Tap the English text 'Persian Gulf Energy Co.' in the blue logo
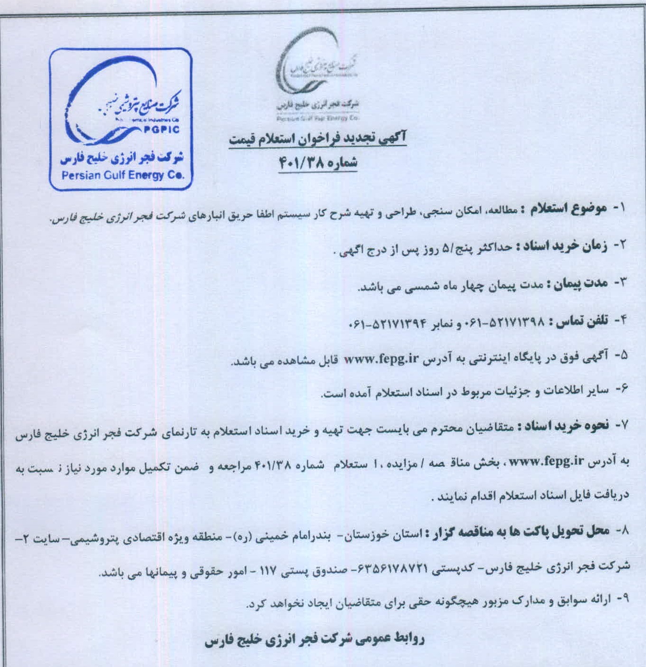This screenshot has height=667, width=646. click(122, 175)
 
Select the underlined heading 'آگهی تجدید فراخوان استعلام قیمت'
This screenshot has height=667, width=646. click(318, 139)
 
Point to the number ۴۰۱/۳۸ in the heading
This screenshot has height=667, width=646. click(300, 163)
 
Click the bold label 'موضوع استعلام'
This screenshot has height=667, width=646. click(563, 209)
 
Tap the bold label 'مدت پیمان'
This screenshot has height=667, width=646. click(577, 283)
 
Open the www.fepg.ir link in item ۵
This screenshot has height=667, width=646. click(381, 359)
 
